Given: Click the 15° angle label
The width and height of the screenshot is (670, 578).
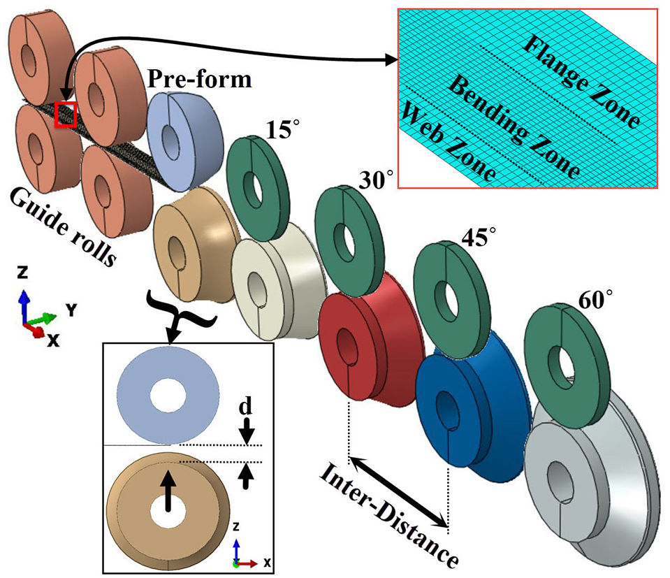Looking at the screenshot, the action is (x=282, y=129).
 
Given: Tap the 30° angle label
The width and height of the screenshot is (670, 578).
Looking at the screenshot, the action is (x=375, y=179).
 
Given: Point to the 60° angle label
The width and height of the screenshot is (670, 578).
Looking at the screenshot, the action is (x=595, y=299).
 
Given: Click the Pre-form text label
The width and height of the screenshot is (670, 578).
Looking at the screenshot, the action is (x=200, y=80).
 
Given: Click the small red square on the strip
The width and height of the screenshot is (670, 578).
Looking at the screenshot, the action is (x=66, y=115).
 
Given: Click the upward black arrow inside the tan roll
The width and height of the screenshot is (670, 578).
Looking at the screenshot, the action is (x=168, y=491).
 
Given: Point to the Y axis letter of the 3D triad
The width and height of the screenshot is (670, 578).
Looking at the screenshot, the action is (x=71, y=310).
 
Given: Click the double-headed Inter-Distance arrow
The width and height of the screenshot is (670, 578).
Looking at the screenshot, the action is (x=398, y=491).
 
